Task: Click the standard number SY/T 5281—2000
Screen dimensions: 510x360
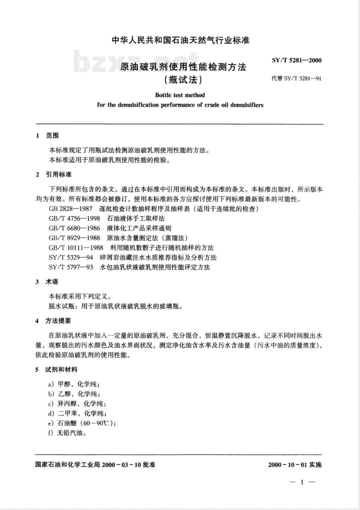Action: [x=297, y=60]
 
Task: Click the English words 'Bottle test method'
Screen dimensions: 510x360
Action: [x=180, y=95]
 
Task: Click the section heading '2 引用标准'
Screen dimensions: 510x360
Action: [x=54, y=174]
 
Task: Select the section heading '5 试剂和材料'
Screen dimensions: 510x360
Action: [x=57, y=369]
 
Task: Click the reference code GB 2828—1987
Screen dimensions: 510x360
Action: [x=70, y=209]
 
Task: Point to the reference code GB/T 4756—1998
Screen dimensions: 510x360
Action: [x=74, y=218]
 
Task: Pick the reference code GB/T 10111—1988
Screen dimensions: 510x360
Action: [x=76, y=247]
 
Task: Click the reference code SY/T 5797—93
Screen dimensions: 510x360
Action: [x=71, y=267]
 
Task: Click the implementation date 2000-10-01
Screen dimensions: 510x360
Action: [x=287, y=465]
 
